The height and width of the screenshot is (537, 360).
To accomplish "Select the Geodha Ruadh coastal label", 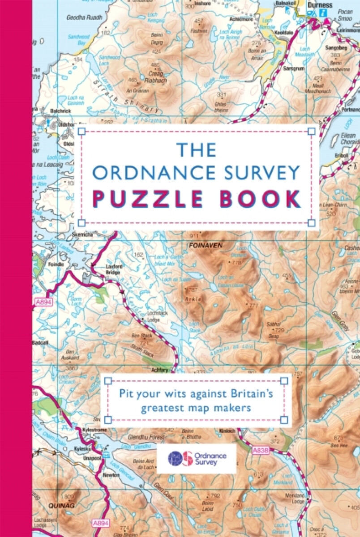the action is tap(84, 18).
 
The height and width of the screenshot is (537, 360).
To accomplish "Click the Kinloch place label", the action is tap(227, 430).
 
